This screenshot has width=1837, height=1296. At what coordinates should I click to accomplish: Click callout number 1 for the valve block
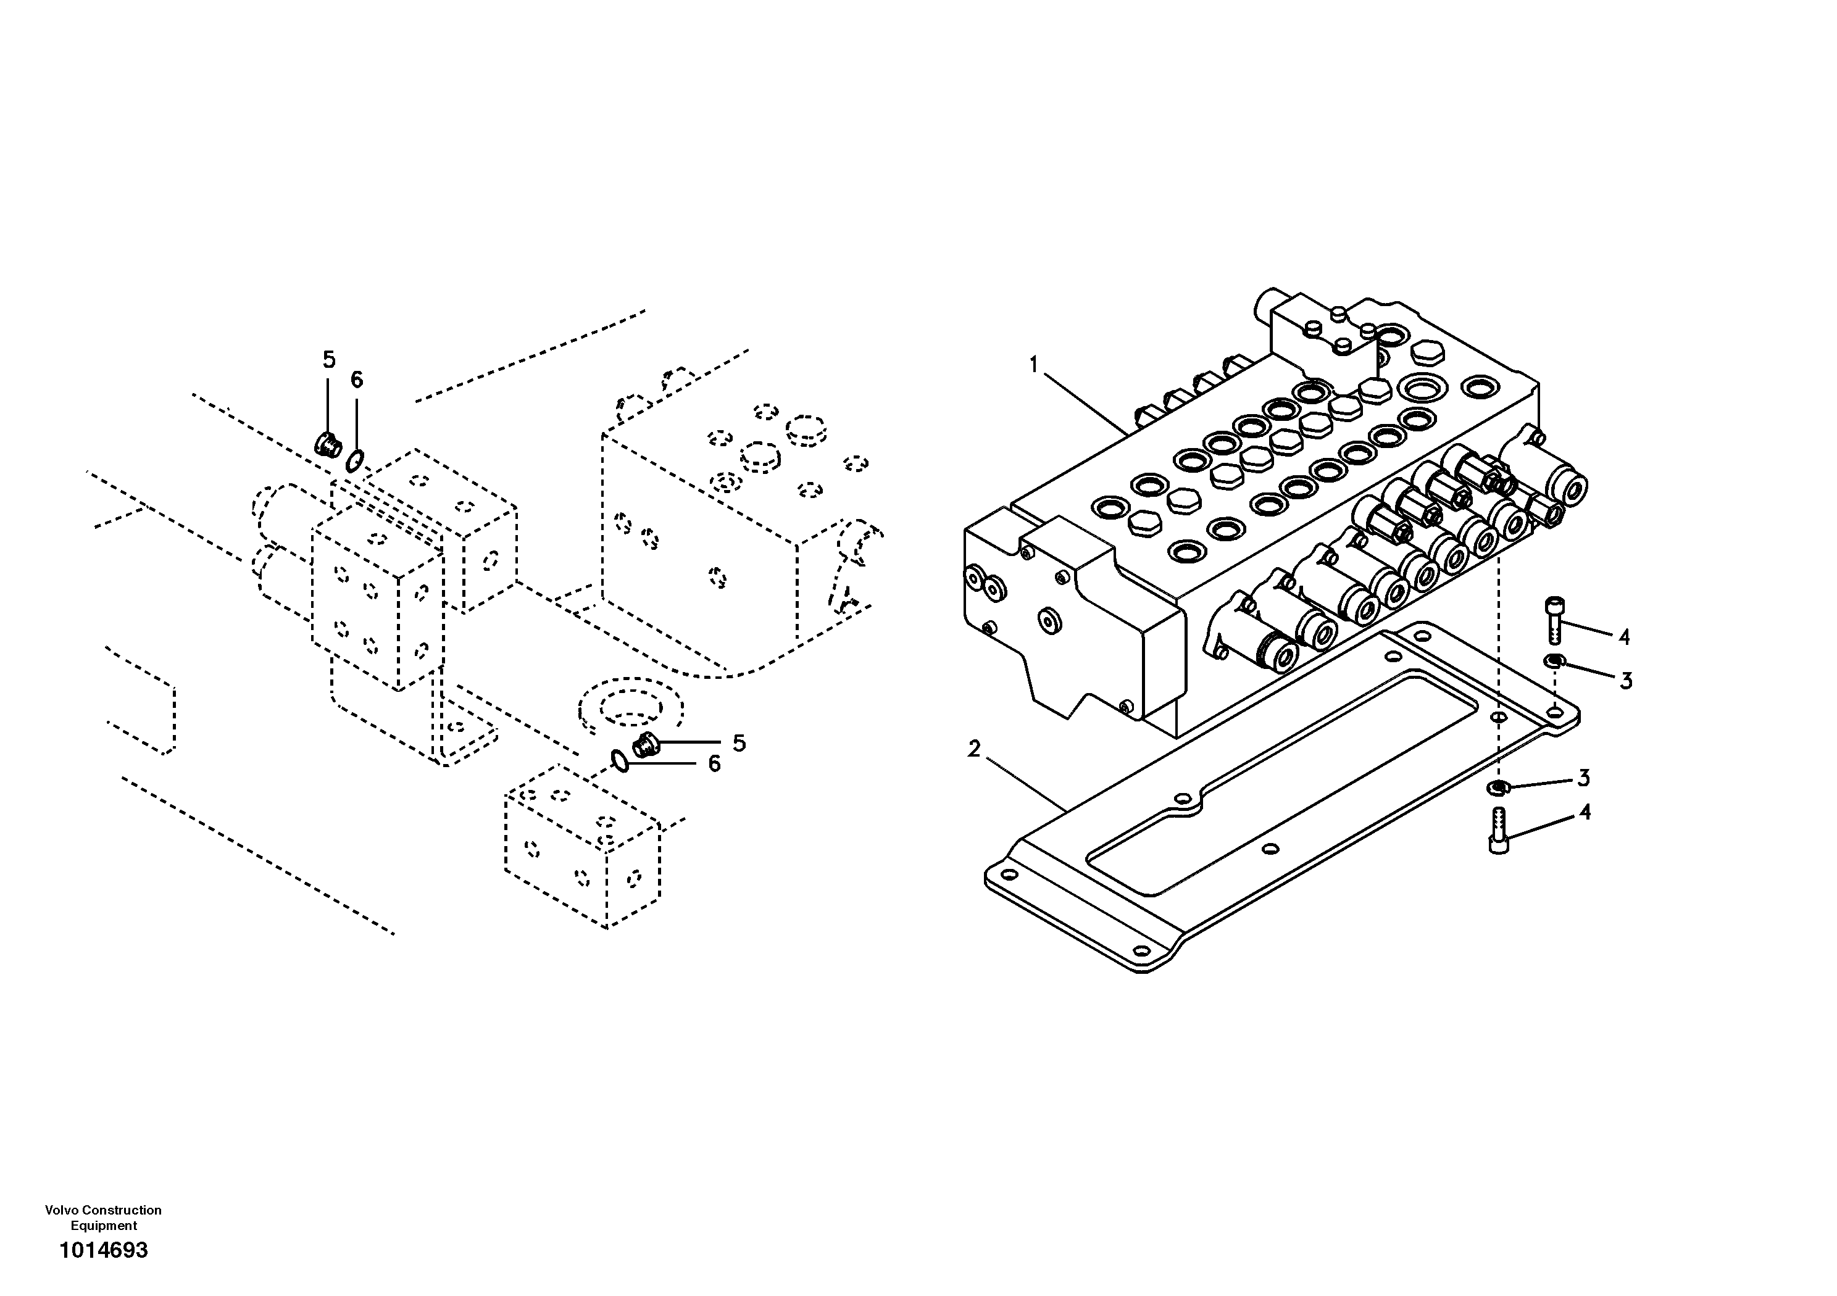[1033, 365]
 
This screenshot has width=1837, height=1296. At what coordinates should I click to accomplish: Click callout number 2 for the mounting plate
[973, 750]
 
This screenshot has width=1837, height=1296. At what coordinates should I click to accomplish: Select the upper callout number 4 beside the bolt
[1623, 638]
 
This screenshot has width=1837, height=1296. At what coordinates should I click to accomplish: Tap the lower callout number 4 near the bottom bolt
[1584, 813]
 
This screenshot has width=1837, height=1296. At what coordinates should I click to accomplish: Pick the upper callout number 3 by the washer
[1625, 681]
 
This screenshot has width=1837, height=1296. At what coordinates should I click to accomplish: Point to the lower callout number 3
[1583, 778]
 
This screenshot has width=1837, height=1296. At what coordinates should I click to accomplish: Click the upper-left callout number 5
[329, 360]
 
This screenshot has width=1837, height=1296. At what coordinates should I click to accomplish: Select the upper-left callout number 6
[357, 380]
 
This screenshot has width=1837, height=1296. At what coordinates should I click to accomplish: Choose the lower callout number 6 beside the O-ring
[714, 764]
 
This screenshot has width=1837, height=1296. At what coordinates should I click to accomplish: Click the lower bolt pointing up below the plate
[1499, 831]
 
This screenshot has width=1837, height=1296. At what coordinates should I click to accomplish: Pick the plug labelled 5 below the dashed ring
[643, 745]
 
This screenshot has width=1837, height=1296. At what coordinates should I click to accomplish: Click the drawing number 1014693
[104, 1250]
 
